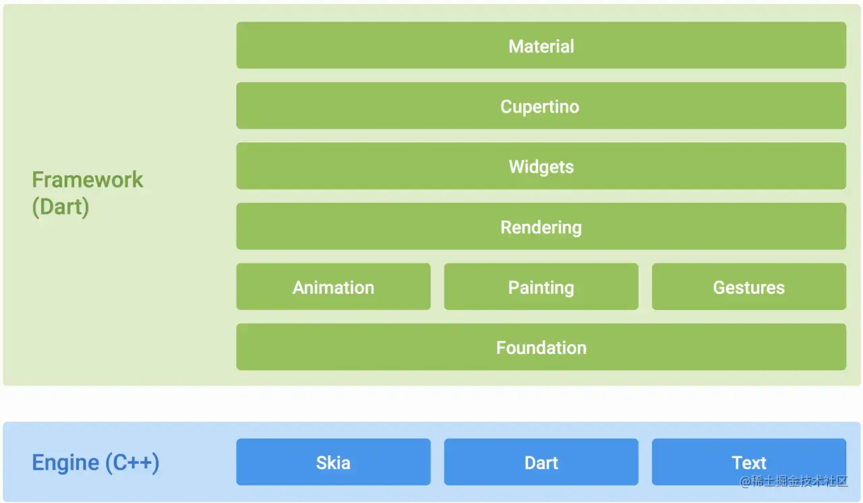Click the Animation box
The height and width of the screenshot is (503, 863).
pos(333,287)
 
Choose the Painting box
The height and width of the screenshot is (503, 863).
pos(541,287)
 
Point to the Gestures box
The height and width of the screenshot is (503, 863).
pos(748,287)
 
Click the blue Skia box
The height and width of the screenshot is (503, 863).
pos(333,463)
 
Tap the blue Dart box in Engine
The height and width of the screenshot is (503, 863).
pos(541,463)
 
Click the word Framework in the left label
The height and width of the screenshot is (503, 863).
pos(88,180)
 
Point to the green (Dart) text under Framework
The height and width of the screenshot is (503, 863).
pos(61,206)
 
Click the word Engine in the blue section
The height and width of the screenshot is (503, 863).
pos(65,463)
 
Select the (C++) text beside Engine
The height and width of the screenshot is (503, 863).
pos(132,463)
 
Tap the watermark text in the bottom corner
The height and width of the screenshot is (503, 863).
pos(794,481)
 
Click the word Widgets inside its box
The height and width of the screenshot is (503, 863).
pos(541,167)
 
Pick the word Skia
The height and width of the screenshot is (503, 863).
pos(333,463)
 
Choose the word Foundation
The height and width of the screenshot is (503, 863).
pos(541,348)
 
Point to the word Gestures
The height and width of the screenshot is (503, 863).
pos(749,288)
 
